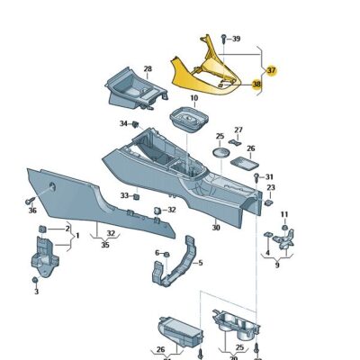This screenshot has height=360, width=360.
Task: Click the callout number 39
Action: (x=236, y=39)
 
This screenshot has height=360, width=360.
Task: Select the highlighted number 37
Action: (x=271, y=69)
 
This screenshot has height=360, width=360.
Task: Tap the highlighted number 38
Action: (x=257, y=85)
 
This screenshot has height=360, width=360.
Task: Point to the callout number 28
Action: (x=148, y=68)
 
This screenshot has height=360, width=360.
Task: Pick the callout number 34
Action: (x=122, y=123)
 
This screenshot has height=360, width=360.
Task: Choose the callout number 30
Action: (x=216, y=228)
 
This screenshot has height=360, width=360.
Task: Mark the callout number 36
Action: (x=32, y=211)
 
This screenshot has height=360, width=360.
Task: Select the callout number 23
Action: (x=271, y=187)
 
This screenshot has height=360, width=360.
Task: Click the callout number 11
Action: (x=283, y=213)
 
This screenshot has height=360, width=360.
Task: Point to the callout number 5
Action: (x=200, y=264)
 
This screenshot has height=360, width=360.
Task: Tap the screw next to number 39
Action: (x=224, y=39)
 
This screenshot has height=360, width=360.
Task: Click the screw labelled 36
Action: (x=31, y=199)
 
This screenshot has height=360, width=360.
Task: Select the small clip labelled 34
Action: (x=135, y=123)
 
